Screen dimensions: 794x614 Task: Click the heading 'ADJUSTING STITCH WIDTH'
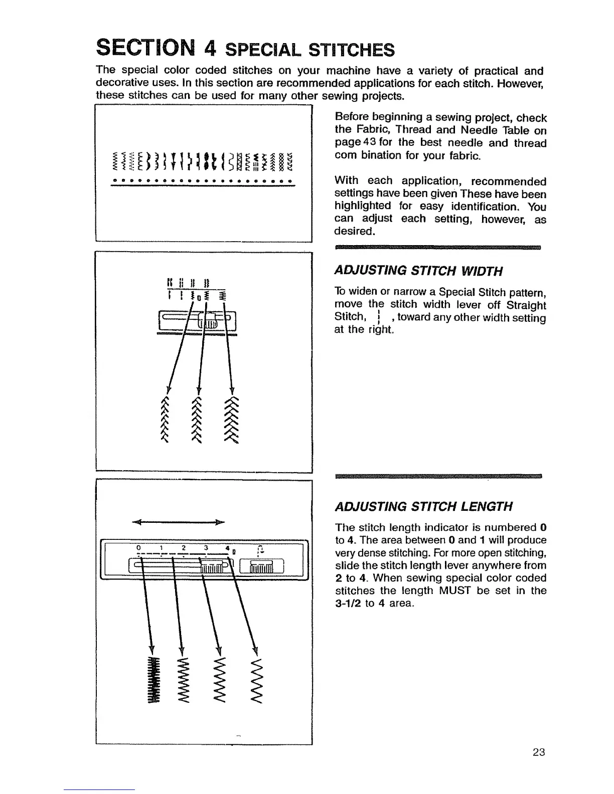(x=418, y=271)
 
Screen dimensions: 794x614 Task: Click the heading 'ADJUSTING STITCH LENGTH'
(x=423, y=506)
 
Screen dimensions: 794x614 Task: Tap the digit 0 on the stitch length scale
(x=138, y=547)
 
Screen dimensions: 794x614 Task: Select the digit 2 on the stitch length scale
(x=184, y=547)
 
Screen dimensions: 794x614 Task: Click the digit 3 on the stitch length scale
(x=206, y=547)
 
